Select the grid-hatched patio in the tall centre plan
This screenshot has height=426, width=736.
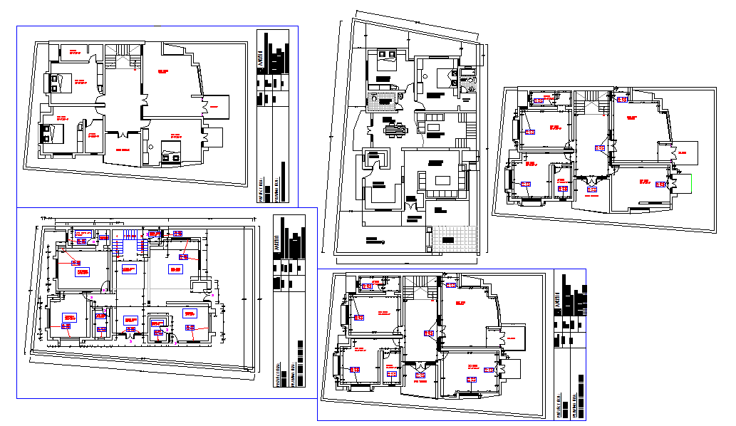coord(455,238)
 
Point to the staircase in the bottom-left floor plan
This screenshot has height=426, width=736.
coord(129,243)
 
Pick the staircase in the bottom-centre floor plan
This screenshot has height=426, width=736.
coord(419,289)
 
